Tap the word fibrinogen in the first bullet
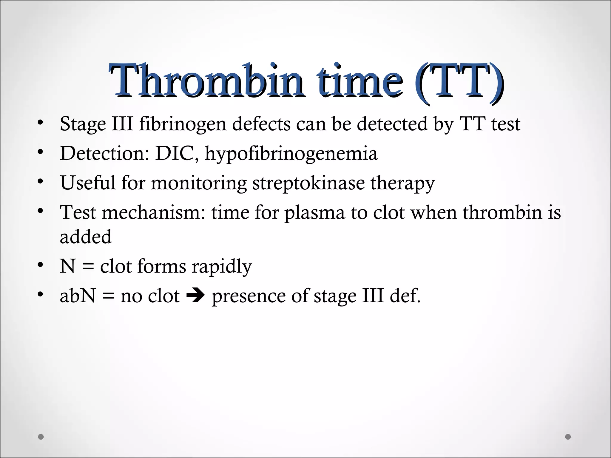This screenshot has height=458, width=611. click(x=183, y=124)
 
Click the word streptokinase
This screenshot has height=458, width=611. click(x=308, y=183)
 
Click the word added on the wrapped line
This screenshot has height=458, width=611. click(x=86, y=237)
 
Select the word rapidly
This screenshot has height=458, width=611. click(x=221, y=267)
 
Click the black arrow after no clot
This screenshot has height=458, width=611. click(x=195, y=296)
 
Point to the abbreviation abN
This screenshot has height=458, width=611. click(x=78, y=296)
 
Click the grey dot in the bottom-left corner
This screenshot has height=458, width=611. click(x=41, y=437)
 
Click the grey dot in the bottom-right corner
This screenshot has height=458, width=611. click(x=568, y=437)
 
